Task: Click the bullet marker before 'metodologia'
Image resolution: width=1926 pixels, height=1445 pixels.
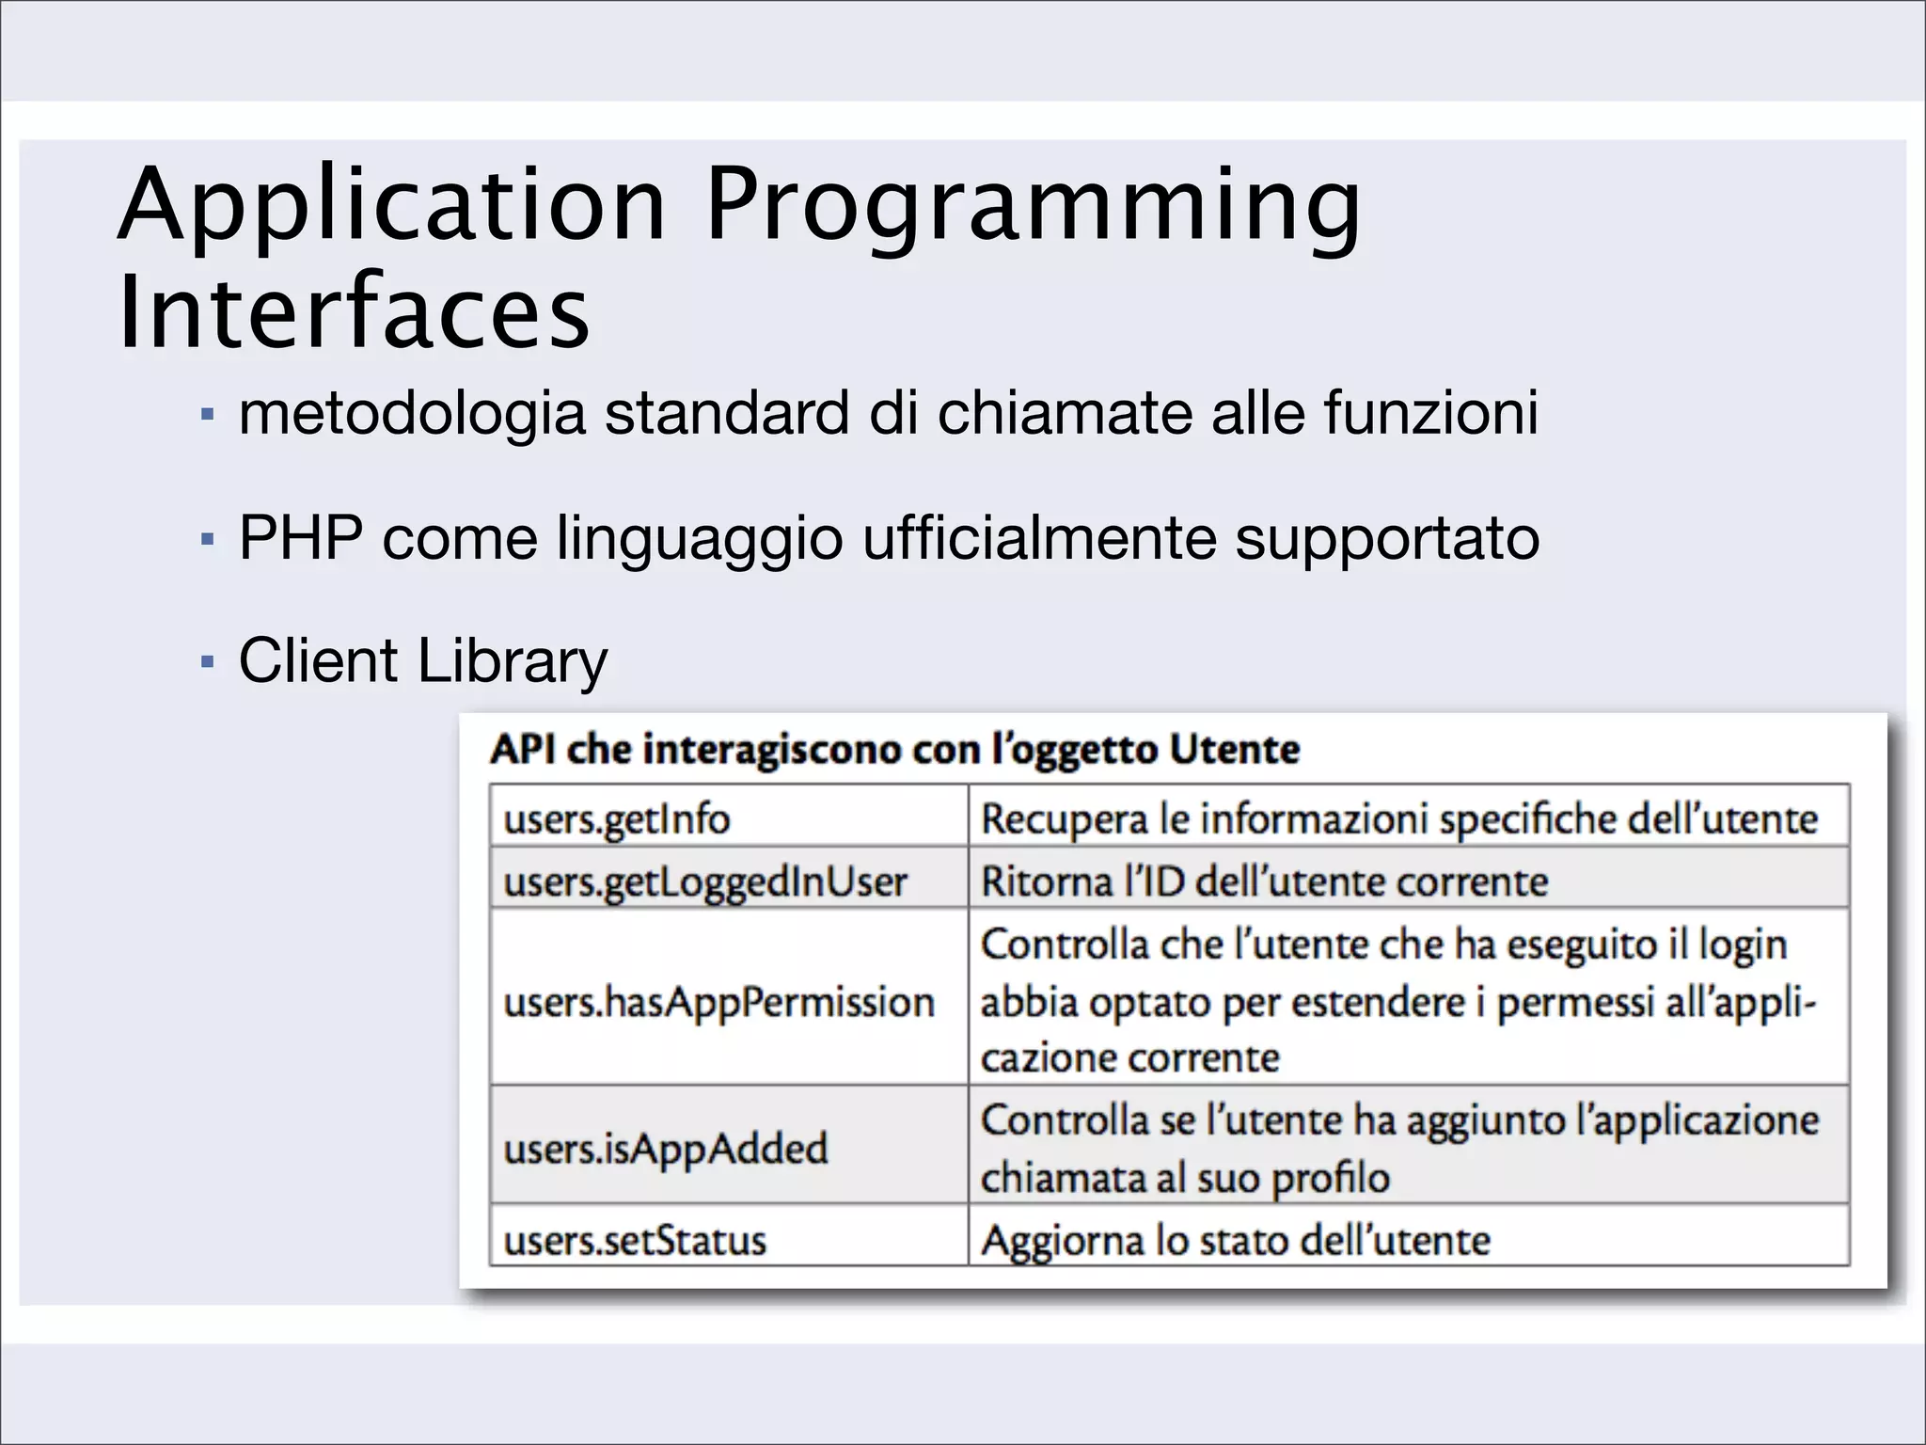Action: point(208,415)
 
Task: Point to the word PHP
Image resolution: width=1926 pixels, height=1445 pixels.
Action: point(301,538)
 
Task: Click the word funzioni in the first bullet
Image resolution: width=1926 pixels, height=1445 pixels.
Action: point(1431,413)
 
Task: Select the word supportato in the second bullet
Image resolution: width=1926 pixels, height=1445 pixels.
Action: point(1387,538)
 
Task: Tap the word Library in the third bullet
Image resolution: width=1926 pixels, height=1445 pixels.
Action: point(513,660)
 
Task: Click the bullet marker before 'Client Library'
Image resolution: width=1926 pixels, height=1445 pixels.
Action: point(208,662)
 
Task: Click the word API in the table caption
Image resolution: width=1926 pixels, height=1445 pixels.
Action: point(523,750)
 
